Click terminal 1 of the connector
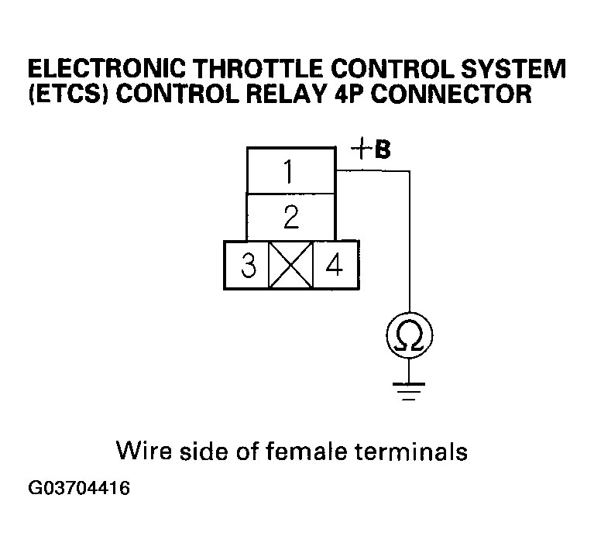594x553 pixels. pyautogui.click(x=290, y=170)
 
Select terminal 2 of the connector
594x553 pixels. pyautogui.click(x=290, y=217)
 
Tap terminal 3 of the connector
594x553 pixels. pyautogui.click(x=247, y=266)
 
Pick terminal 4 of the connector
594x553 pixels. pyautogui.click(x=335, y=266)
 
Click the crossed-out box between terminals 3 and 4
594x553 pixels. pyautogui.click(x=290, y=266)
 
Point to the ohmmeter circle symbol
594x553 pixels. pyautogui.click(x=408, y=335)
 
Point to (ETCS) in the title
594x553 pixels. pyautogui.click(x=63, y=94)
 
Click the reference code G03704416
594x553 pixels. pyautogui.click(x=77, y=489)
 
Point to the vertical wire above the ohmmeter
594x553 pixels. pyautogui.click(x=408, y=248)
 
